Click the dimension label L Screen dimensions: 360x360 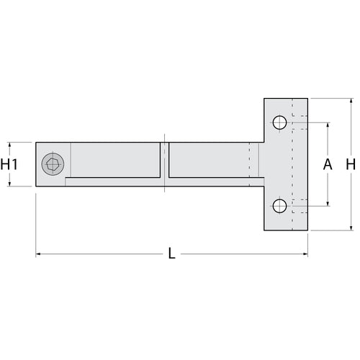tap(171, 253)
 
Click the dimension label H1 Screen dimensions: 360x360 tap(9, 164)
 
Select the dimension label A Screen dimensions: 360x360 tap(328, 164)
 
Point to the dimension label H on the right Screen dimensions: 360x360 tap(351, 164)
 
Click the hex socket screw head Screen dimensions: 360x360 tap(52, 164)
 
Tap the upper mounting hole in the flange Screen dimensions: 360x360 tap(280, 121)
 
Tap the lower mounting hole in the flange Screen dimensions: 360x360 tap(280, 207)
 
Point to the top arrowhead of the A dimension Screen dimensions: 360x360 tap(328, 124)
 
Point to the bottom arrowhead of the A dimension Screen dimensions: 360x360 tap(328, 204)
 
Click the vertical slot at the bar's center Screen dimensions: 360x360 tap(164, 164)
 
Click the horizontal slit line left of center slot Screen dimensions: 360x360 tap(115, 177)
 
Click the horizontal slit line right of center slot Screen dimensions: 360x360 tap(209, 177)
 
